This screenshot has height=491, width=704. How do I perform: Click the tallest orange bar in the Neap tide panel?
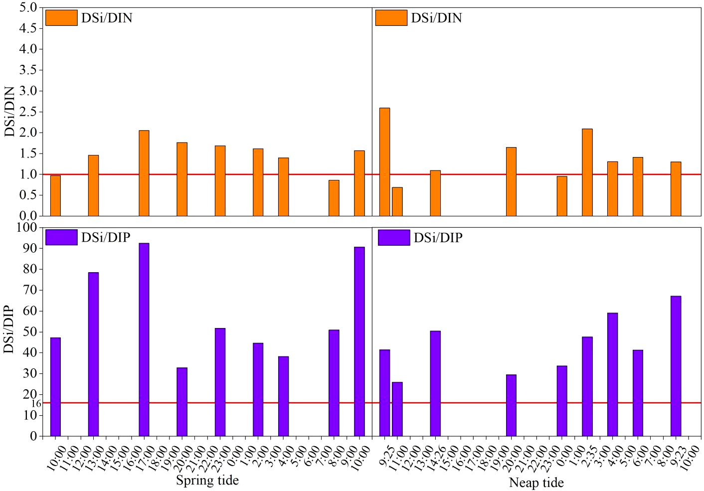[384, 162]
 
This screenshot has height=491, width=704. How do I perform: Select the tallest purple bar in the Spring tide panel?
[144, 339]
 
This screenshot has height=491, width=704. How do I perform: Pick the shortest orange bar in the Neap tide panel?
[397, 202]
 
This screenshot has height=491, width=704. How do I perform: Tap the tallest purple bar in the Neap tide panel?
[676, 366]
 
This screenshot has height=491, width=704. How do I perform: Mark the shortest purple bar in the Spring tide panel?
[182, 402]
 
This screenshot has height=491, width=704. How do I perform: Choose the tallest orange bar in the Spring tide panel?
[144, 173]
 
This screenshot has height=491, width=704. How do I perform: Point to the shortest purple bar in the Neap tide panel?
[397, 409]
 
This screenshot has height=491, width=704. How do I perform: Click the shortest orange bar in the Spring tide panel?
[334, 198]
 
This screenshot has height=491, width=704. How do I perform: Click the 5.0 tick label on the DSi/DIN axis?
[28, 7]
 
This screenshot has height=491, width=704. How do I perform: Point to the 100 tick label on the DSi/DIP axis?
[27, 227]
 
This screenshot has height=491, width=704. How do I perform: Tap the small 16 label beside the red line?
[36, 404]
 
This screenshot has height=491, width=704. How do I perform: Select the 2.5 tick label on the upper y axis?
[28, 112]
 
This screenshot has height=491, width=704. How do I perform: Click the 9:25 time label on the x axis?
[387, 458]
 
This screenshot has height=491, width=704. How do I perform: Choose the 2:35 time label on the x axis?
[589, 458]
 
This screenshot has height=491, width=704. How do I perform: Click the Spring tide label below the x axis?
[207, 481]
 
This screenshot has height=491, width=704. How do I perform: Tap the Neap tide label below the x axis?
[536, 483]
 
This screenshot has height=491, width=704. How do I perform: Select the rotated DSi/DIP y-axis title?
[8, 329]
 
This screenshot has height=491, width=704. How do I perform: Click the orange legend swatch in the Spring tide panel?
[61, 18]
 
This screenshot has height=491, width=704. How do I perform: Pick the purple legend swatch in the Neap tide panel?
[393, 238]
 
